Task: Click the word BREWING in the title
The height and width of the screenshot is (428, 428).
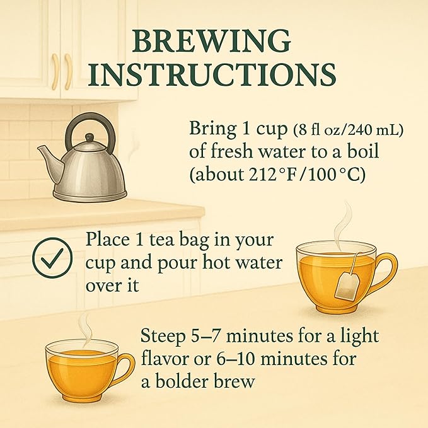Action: tap(212, 41)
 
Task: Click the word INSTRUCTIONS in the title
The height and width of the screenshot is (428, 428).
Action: tap(212, 74)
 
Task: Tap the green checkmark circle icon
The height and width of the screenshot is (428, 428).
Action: tap(52, 258)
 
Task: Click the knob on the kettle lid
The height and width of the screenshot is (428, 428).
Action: tap(90, 137)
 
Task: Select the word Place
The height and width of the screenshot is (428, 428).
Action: tap(108, 240)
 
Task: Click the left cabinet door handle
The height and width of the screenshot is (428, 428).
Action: tap(55, 71)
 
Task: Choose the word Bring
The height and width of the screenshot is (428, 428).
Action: tap(212, 129)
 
